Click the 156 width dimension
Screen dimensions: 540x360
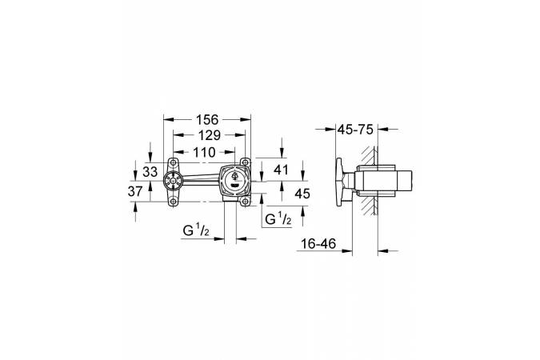click(x=207, y=119)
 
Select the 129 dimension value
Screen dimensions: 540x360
click(x=210, y=135)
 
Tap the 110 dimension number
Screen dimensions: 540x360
click(x=204, y=152)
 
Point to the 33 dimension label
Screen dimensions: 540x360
click(x=150, y=171)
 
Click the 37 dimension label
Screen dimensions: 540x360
click(x=135, y=191)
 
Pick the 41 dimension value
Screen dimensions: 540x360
click(x=281, y=170)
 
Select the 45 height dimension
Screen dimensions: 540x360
click(x=302, y=194)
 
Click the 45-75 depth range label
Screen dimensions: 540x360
click(x=355, y=130)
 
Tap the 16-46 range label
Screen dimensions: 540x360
click(x=318, y=244)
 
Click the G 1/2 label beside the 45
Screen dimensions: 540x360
click(x=278, y=219)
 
